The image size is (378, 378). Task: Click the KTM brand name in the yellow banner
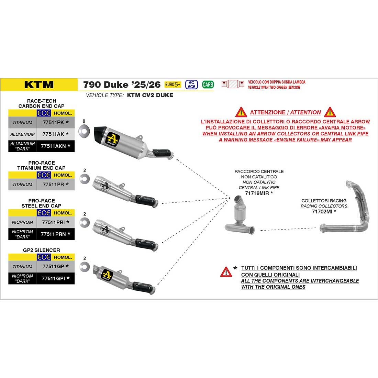pos(39,85)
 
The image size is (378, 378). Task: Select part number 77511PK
pos(54,122)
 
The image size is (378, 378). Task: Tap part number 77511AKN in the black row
pos(53,146)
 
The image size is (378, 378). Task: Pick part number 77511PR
pos(54,185)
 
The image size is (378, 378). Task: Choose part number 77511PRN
pos(53,234)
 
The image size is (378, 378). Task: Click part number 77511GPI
pos(53,278)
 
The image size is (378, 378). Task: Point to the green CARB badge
pos(208,85)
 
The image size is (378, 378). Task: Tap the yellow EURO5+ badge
pos(173,85)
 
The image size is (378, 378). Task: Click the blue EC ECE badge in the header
pos(192,85)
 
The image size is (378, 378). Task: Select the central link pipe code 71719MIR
pos(257,193)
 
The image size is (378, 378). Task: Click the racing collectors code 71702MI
pos(322,212)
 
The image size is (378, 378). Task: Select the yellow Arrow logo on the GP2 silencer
pos(107,275)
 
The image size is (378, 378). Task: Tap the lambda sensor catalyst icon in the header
pos(233,84)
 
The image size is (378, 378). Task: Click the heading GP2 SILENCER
pos(42,250)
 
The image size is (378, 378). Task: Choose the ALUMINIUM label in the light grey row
pos(22,134)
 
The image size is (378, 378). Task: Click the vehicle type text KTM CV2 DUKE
pos(150,95)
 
